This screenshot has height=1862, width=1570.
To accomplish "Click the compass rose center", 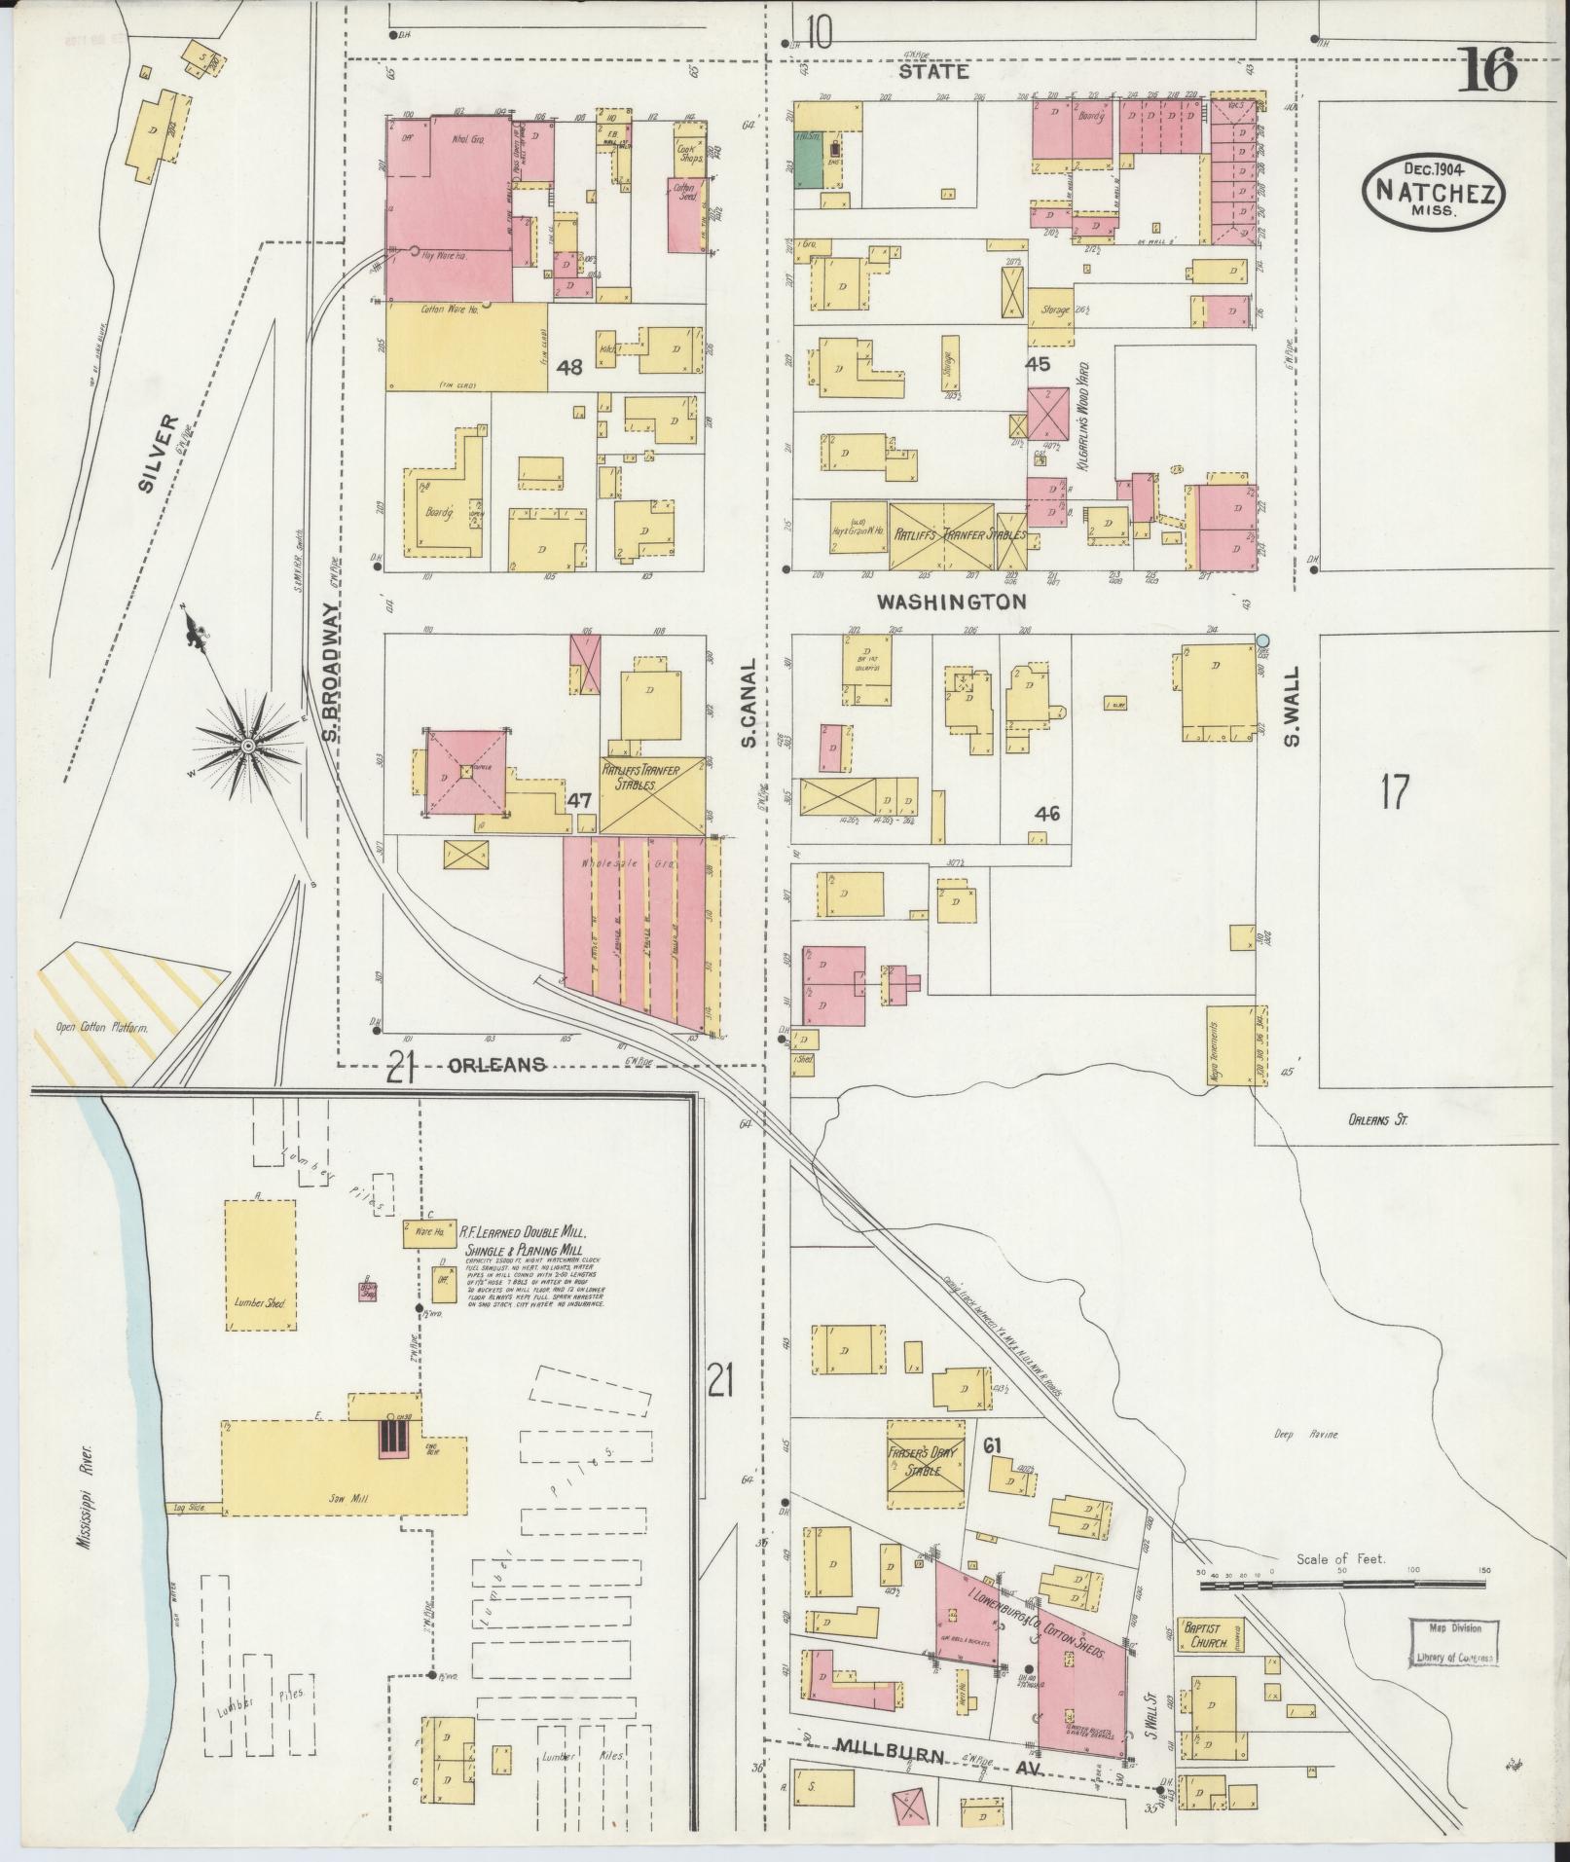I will [247, 746].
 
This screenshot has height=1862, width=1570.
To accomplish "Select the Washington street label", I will [951, 602].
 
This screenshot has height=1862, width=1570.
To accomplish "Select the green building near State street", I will [808, 157].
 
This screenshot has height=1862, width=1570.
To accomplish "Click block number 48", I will [569, 368].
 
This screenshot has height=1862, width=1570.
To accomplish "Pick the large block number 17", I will [1394, 791].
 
